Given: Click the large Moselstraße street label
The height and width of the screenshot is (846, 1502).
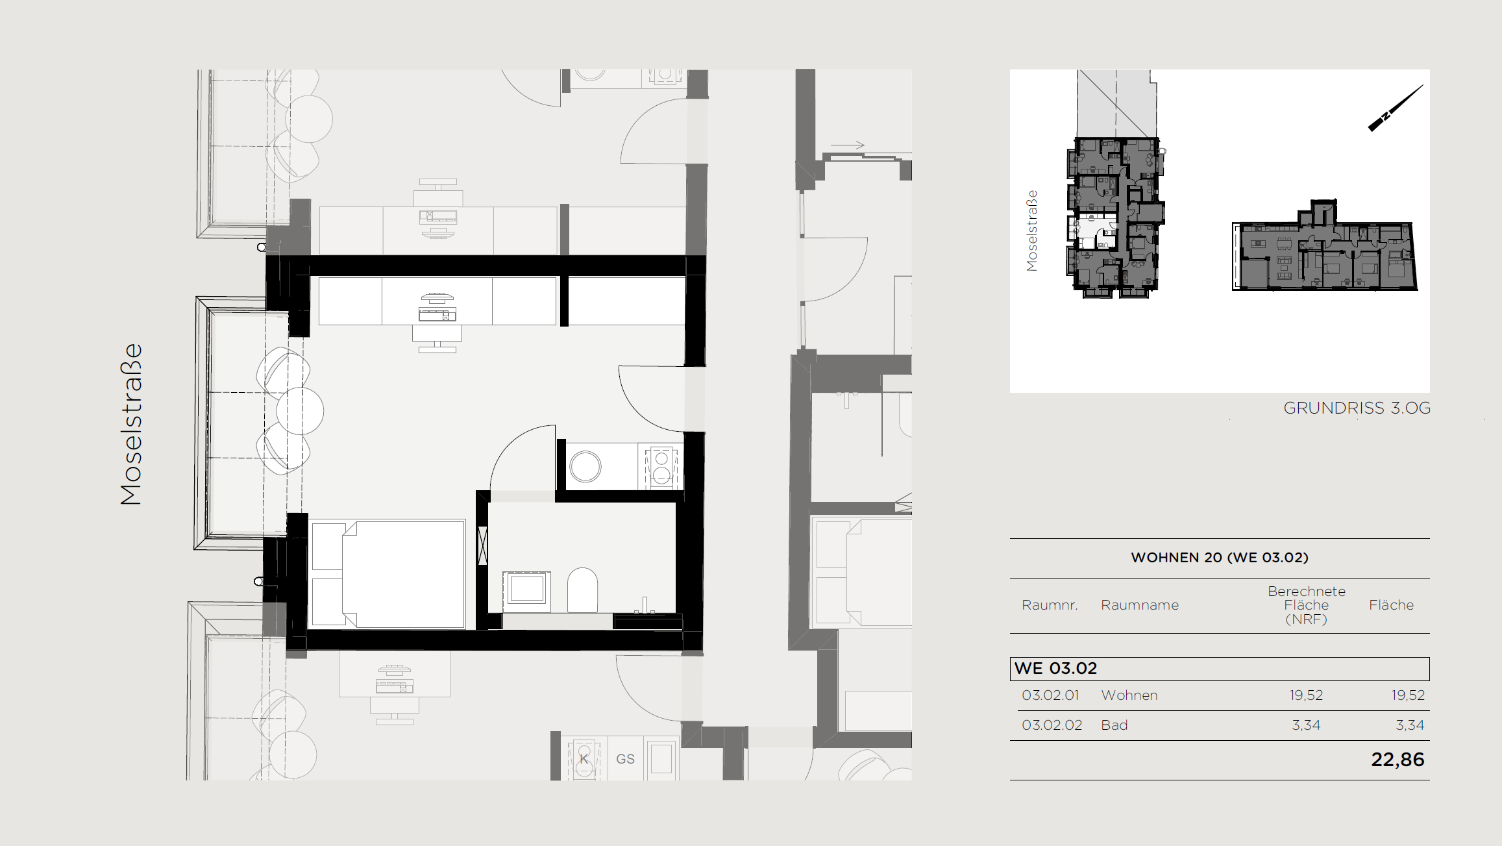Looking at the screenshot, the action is click(131, 424).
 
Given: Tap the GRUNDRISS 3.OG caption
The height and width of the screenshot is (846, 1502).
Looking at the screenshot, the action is click(1357, 408).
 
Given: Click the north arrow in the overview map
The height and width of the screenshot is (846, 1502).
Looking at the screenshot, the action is click(1396, 108).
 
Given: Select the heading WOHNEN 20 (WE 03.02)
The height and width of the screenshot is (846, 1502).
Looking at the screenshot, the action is click(1220, 557).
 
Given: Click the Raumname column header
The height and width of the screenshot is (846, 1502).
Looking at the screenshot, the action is click(1139, 605).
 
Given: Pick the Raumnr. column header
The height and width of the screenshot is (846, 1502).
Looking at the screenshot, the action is click(1050, 605).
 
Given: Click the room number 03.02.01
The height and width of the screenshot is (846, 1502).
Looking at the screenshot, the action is click(1050, 695).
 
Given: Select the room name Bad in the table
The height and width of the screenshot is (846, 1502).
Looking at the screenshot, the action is click(1114, 725).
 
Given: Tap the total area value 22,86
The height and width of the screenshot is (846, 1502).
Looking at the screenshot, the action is click(1397, 760).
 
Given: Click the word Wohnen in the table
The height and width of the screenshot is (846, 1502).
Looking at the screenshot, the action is click(1129, 695).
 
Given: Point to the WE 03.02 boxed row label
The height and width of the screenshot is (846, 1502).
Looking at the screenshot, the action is click(1055, 668).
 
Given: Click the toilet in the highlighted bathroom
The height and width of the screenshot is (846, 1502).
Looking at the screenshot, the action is click(582, 590).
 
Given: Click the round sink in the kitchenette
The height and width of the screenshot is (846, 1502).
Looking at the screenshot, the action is click(585, 466).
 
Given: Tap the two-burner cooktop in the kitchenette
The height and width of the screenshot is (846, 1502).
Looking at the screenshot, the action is click(661, 466).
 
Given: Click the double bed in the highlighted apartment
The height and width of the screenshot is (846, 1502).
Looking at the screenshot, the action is click(388, 574).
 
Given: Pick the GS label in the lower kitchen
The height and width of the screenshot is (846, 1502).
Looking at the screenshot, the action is click(625, 759).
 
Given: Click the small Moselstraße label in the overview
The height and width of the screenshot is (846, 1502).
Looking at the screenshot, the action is click(1031, 230).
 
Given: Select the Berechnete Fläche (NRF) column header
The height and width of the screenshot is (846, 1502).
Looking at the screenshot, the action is click(1306, 605).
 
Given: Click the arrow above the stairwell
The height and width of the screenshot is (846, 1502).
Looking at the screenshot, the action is click(848, 145).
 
